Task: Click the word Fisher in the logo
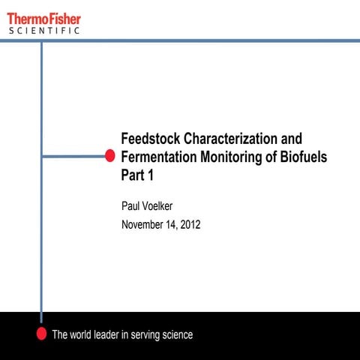(63, 16)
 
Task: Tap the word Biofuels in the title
(301, 157)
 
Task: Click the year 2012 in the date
(190, 224)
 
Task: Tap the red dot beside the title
(109, 156)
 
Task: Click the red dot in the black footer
(41, 334)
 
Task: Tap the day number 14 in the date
(172, 224)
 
